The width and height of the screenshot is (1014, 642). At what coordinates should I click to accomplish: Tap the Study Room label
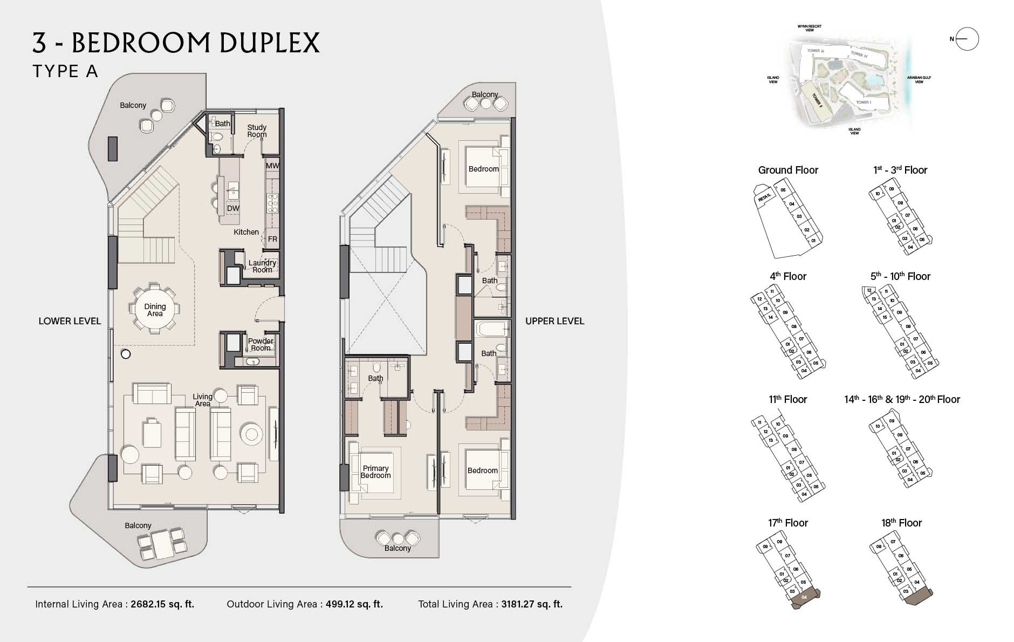257,131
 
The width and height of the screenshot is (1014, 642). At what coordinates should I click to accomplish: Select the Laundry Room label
262,266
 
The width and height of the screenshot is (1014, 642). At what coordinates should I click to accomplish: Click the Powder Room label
261,344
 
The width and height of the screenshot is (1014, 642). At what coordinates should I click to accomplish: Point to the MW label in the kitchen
272,166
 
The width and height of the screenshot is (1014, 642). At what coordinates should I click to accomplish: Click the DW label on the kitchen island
233,208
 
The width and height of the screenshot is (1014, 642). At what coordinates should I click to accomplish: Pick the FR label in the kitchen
272,239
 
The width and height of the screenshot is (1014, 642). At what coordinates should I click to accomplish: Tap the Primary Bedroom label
375,472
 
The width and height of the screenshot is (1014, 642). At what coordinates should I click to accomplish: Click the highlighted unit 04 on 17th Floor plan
805,598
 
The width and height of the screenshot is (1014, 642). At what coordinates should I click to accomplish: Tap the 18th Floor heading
901,523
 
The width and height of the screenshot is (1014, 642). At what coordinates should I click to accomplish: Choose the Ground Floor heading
788,170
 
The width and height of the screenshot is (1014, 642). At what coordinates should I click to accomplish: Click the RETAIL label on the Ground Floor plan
765,198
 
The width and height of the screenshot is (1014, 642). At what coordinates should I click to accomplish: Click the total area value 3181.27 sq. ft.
531,604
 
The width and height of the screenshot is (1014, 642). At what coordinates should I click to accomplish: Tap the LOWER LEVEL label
70,321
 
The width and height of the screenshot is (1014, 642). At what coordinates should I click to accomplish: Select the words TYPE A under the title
65,71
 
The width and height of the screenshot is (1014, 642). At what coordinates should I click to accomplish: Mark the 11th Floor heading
787,399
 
